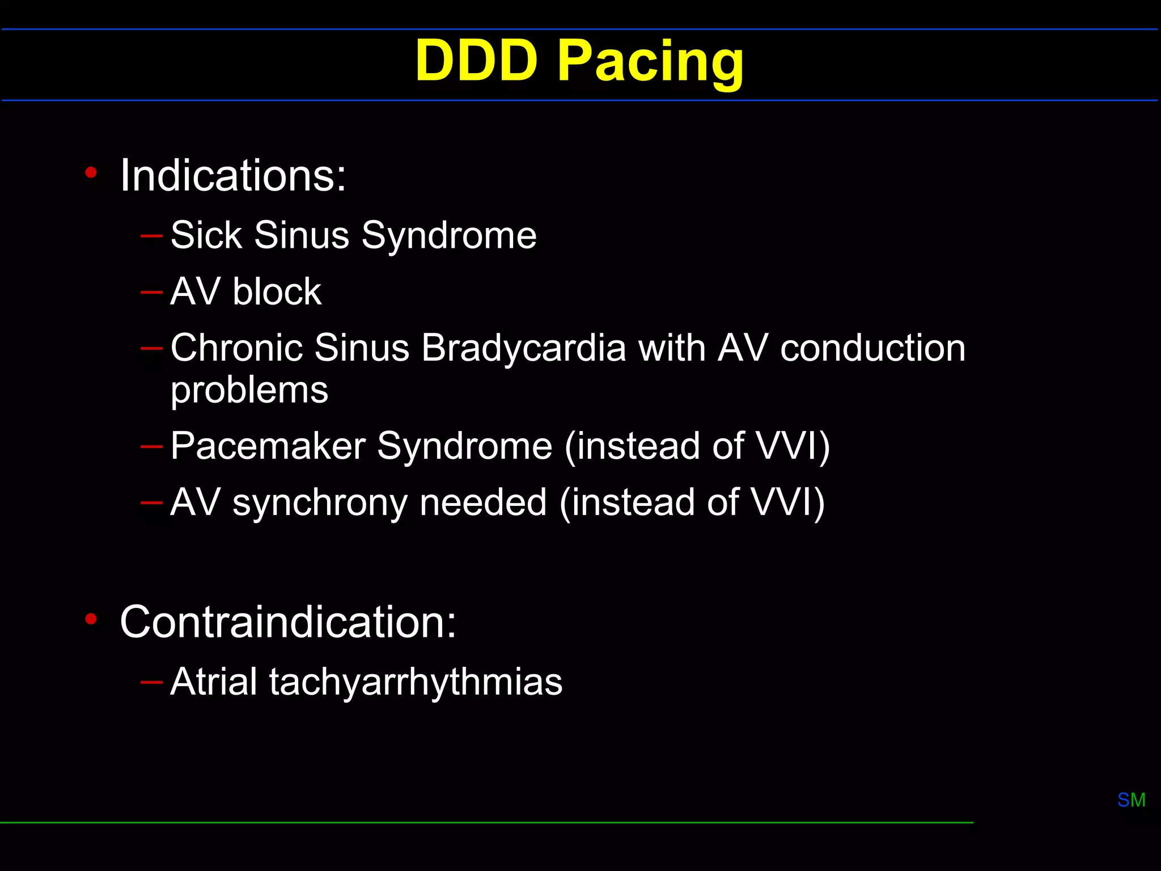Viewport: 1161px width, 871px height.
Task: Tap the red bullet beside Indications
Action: click(91, 172)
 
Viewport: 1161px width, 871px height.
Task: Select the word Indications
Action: click(233, 175)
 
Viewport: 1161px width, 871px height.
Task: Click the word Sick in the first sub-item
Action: click(205, 235)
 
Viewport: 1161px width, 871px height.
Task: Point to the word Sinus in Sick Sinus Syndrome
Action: click(302, 235)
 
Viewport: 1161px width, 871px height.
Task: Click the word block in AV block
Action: click(277, 292)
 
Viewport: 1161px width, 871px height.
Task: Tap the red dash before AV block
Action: click(151, 292)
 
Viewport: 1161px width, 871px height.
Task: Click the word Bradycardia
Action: click(523, 348)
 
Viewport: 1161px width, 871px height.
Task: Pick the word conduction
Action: click(872, 348)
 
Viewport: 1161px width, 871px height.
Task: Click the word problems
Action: click(249, 391)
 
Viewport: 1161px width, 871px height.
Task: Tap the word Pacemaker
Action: click(268, 446)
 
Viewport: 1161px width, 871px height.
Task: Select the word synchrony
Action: click(319, 503)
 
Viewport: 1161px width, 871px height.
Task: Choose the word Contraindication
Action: click(288, 621)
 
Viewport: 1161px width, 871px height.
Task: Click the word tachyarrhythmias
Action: click(416, 682)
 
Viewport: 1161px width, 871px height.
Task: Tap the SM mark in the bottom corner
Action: click(1131, 800)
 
